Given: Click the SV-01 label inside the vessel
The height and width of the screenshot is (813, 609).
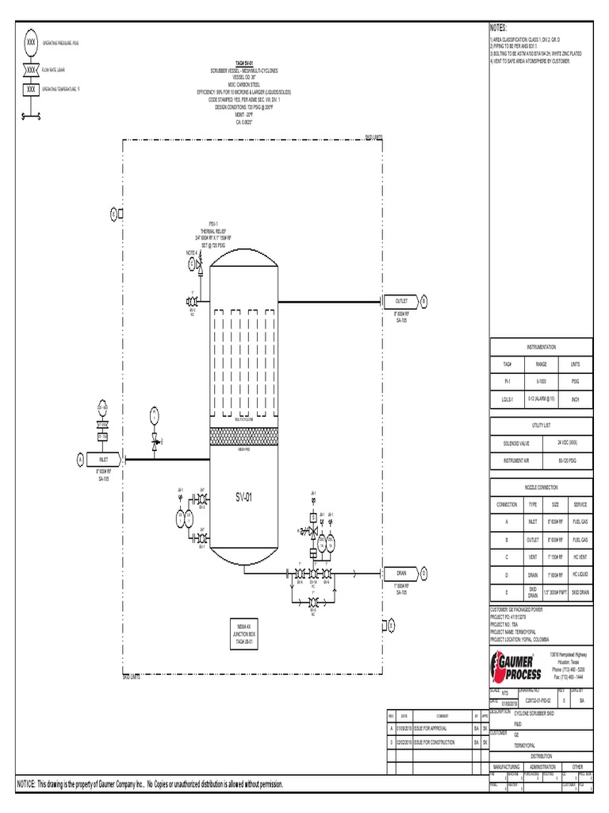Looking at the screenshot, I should tap(243, 498).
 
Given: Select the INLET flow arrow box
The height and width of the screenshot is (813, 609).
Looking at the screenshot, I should tap(104, 459).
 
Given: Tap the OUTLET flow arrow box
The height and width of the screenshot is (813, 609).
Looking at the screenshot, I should tap(401, 302).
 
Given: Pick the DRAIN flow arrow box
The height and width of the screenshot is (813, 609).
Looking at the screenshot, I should tap(401, 572).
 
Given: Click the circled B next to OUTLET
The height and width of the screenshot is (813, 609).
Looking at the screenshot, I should tap(423, 302).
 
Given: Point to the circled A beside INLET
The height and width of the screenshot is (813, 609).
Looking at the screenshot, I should tap(80, 459).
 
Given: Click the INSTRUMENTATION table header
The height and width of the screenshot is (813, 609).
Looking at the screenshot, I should tap(542, 347).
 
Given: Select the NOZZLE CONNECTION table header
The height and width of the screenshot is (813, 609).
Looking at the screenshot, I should tap(542, 486).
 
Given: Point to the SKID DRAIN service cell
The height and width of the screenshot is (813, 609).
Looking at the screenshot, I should tap(579, 592).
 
